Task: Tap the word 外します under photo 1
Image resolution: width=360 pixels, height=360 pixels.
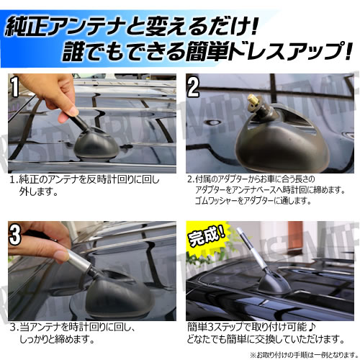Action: pyautogui.click(x=37, y=193)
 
